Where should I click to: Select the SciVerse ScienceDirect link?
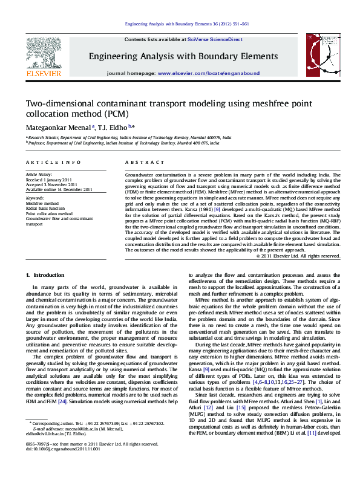[x=218, y=39]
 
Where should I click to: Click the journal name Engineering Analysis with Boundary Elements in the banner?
[x=183, y=56]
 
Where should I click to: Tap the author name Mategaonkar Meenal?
[x=57, y=127]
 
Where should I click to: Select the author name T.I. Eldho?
[x=113, y=127]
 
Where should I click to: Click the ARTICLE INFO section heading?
[x=53, y=163]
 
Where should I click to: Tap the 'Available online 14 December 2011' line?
[x=59, y=189]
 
